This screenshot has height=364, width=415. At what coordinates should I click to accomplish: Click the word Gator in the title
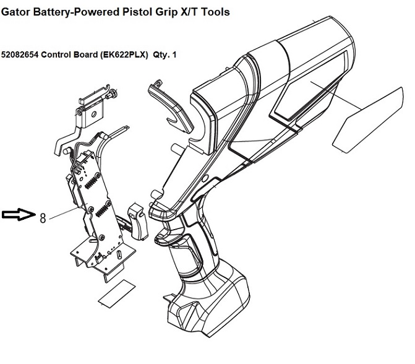(15, 12)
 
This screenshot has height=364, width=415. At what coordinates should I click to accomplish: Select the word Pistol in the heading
(139, 12)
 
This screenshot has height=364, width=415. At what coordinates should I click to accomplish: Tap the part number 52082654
(20, 55)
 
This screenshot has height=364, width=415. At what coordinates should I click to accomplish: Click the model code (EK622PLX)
(124, 55)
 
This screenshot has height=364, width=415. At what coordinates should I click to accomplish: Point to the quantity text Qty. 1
(165, 55)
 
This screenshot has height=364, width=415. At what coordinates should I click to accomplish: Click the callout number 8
(43, 219)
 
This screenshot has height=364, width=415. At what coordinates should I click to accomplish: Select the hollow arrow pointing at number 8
(19, 214)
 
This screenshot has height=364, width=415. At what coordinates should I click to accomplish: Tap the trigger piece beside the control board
(138, 222)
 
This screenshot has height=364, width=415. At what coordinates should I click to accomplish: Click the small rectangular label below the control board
(117, 293)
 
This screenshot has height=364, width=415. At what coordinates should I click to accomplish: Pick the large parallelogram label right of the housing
(369, 120)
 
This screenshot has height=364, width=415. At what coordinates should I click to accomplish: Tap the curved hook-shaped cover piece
(170, 106)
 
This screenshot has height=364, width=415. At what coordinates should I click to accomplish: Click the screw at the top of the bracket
(112, 94)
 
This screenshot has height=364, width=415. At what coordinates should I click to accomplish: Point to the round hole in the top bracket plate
(93, 115)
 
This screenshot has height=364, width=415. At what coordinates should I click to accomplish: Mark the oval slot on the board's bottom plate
(119, 255)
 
